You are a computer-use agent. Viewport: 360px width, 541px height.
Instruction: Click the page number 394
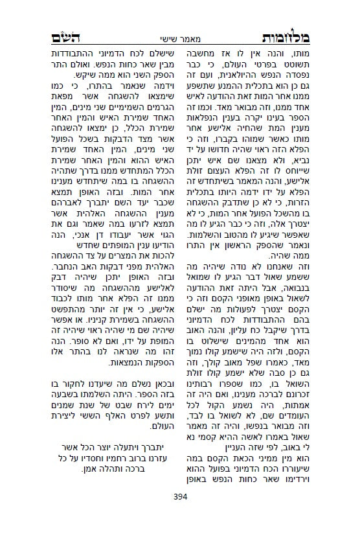point(180,498)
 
